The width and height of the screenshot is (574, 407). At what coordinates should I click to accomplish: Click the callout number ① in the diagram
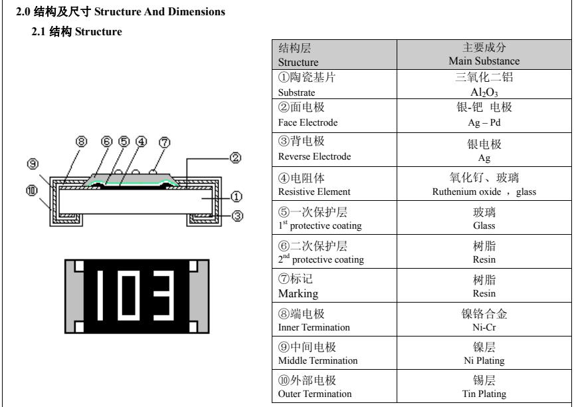click(x=235, y=196)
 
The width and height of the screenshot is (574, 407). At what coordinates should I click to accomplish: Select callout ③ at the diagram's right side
click(x=235, y=215)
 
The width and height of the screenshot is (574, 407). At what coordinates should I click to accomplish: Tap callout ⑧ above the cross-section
click(x=82, y=141)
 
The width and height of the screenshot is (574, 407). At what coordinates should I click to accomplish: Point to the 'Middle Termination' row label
click(x=318, y=360)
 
